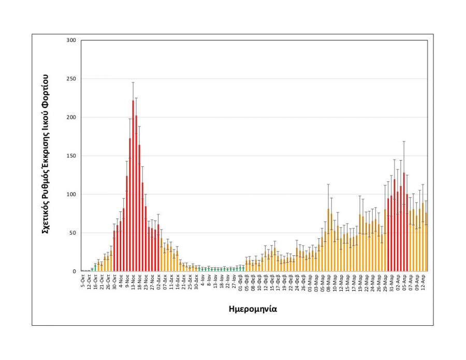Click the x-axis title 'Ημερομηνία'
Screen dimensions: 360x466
pos(253,309)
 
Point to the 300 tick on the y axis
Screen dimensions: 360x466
pos(71,40)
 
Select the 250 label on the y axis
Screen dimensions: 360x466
pos(71,79)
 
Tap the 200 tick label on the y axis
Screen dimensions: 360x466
pos(71,117)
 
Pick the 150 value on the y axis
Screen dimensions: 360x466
pos(71,156)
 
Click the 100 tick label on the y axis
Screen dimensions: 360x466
pos(71,194)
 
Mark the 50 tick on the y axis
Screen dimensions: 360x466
pos(72,233)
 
